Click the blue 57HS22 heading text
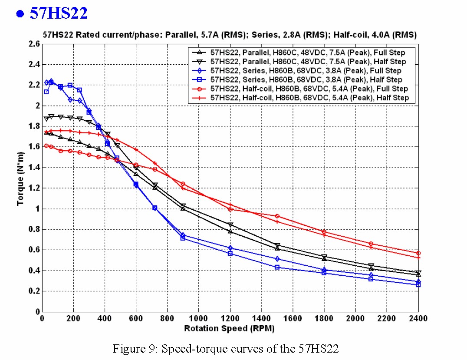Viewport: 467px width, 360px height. pyautogui.click(x=59, y=13)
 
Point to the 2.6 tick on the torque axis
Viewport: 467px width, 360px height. pyautogui.click(x=35, y=44)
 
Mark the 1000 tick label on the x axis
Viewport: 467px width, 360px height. pyautogui.click(x=198, y=319)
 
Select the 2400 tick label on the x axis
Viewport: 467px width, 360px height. pyautogui.click(x=418, y=319)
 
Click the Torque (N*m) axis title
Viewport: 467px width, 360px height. pyautogui.click(x=20, y=178)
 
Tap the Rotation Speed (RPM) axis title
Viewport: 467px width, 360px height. pyautogui.click(x=229, y=329)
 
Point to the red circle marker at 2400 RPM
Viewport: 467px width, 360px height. pyautogui.click(x=418, y=253)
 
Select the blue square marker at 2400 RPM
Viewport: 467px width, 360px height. pyautogui.click(x=418, y=285)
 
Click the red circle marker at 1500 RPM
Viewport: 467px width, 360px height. pyautogui.click(x=277, y=216)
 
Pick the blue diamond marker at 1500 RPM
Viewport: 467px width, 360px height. pyautogui.click(x=277, y=259)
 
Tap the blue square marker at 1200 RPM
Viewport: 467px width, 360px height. pyautogui.click(x=230, y=253)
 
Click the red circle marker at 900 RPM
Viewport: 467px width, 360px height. pyautogui.click(x=183, y=184)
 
